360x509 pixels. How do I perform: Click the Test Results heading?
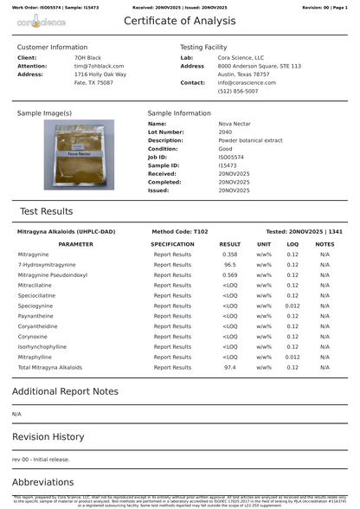[x=47, y=211]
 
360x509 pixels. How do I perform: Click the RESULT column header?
[x=230, y=244]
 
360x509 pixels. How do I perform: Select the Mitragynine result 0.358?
[x=230, y=254]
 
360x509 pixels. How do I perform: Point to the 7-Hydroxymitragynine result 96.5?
[x=230, y=265]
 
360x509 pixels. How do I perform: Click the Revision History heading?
[x=48, y=436]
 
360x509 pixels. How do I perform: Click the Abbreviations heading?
[x=43, y=481]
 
